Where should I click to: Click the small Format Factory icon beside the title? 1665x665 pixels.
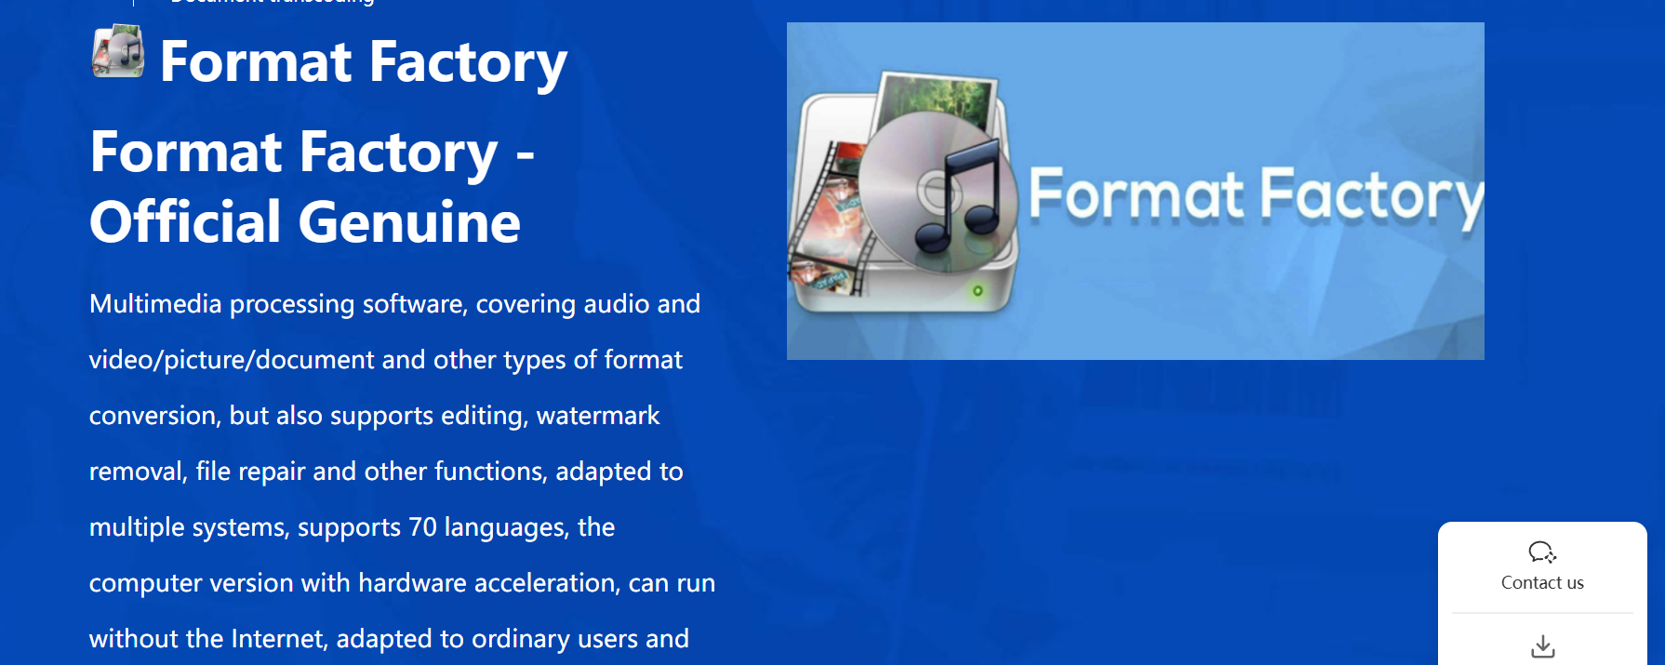pos(118,51)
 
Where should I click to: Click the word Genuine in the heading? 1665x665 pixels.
pos(409,222)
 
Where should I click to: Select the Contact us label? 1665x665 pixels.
pos(1542,583)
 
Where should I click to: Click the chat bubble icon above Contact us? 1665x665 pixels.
pos(1542,552)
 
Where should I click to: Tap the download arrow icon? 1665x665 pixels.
pos(1543,645)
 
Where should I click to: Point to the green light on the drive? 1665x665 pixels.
pos(978,291)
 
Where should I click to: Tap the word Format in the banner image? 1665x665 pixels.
pos(1136,194)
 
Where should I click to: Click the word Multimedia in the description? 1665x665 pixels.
pos(155,304)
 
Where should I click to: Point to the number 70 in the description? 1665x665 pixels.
pos(422,527)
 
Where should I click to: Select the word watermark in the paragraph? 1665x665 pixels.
pos(598,416)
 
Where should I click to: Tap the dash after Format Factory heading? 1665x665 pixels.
pos(526,155)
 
